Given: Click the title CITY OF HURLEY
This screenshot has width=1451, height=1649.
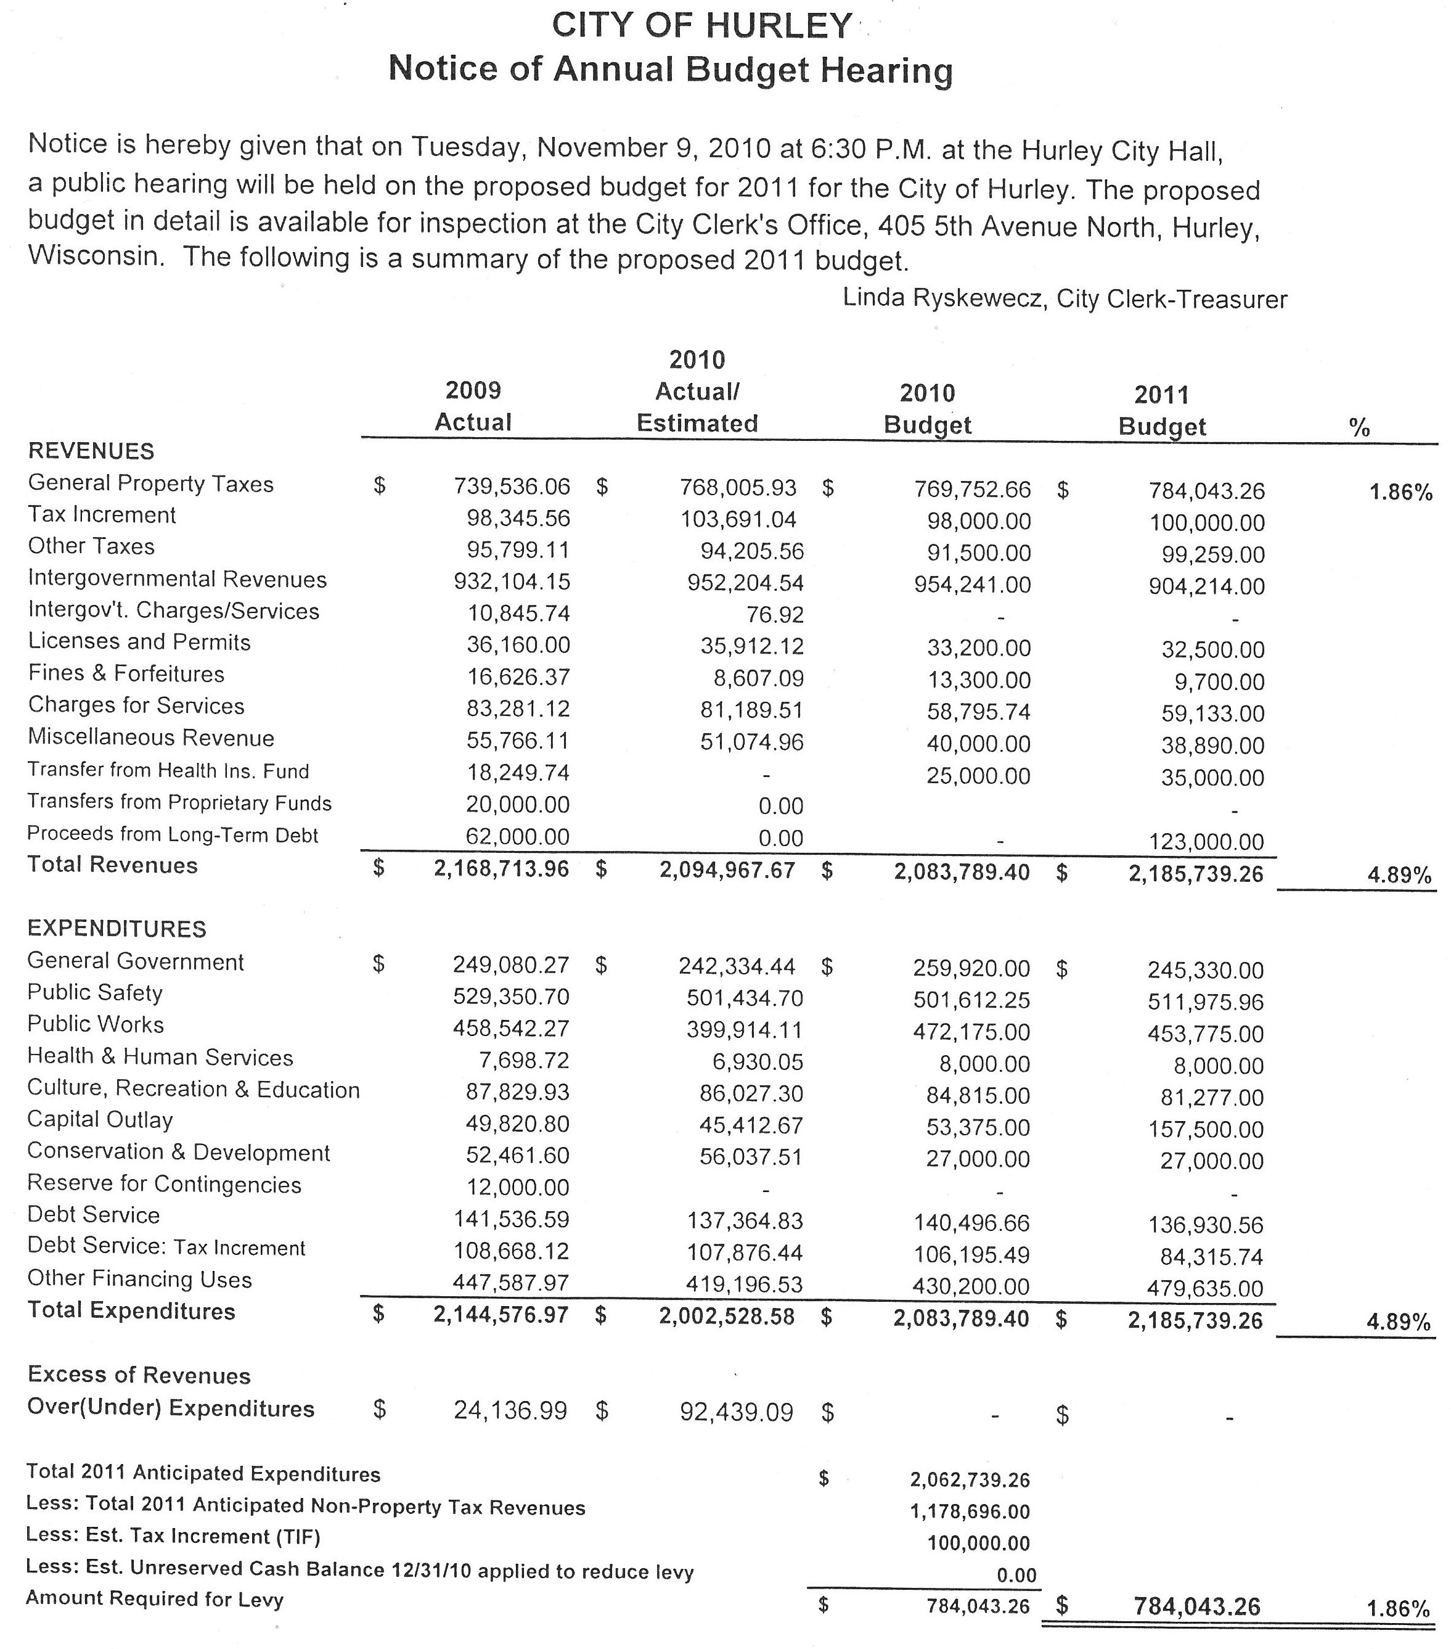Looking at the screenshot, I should coord(701,26).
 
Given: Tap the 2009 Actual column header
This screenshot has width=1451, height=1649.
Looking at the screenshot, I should coord(473,406).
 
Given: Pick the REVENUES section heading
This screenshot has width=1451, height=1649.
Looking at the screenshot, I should coord(91,450).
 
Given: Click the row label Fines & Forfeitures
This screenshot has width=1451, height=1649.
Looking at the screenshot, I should coord(126,673).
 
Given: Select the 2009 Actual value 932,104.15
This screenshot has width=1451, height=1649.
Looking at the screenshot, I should coord(512,581).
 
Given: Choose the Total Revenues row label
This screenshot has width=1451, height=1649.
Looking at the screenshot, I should coord(112,865).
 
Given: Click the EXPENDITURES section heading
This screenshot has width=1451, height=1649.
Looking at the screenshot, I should coord(117,929).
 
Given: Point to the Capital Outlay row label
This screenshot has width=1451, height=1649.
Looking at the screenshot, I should coord(100,1120).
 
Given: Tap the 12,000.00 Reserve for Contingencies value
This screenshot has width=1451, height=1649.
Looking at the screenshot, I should coord(517,1188).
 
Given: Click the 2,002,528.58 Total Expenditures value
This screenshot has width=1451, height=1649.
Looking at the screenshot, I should coord(727,1317).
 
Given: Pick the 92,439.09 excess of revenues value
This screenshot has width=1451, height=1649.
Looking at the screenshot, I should coord(737,1412).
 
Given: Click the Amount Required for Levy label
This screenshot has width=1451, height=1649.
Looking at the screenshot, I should coord(155,1598).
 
